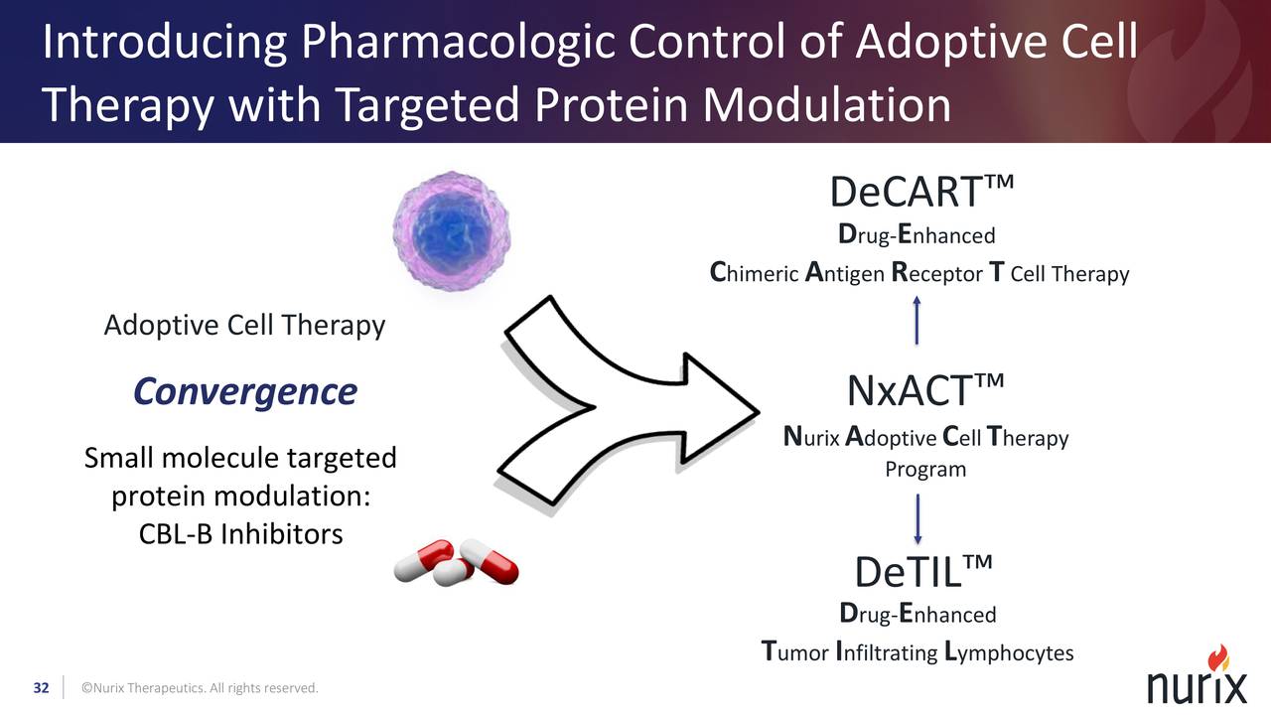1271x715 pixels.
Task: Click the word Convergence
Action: [x=244, y=391]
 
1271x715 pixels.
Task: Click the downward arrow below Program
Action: [x=917, y=518]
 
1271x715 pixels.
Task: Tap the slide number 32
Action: [x=42, y=688]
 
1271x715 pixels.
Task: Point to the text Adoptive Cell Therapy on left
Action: [x=244, y=326]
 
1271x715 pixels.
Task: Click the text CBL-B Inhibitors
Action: [x=240, y=534]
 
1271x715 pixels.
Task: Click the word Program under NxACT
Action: [x=925, y=469]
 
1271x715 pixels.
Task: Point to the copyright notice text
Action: [x=200, y=688]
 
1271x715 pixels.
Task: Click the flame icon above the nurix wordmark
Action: [x=1217, y=657]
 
